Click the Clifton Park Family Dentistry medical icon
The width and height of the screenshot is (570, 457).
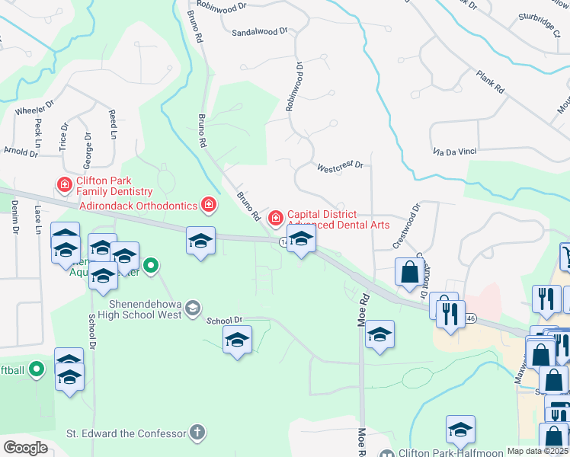click(65, 184)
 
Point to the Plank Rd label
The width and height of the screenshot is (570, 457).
click(490, 81)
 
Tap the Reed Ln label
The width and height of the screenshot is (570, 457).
click(113, 123)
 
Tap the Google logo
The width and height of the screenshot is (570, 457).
click(25, 448)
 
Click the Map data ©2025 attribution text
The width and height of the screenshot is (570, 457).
click(537, 451)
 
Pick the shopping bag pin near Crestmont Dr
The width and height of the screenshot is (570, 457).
click(409, 272)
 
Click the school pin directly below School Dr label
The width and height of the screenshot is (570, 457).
click(237, 339)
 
